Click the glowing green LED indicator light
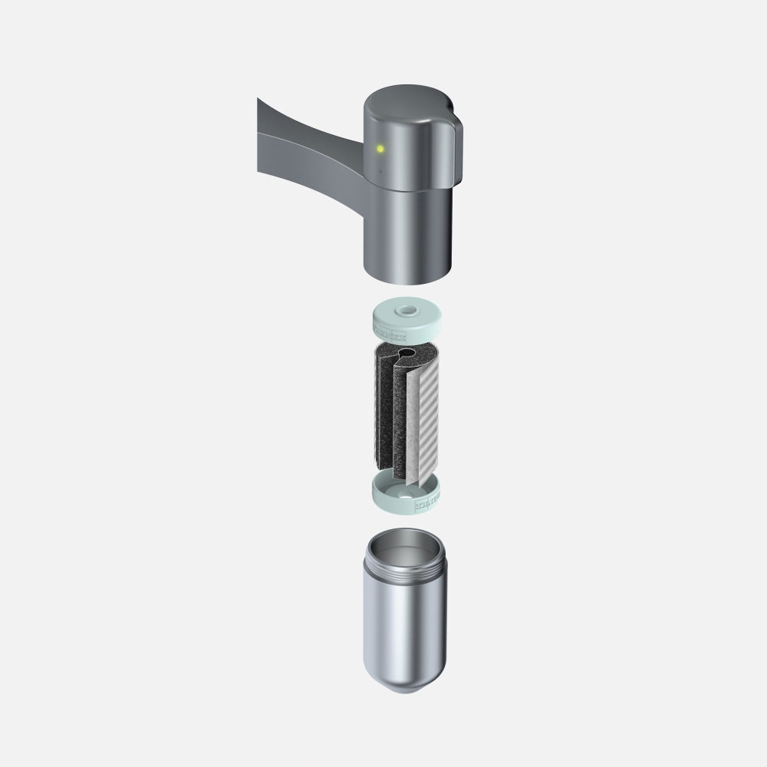coord(378,149)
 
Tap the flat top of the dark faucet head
coord(407,104)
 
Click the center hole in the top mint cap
coord(406,311)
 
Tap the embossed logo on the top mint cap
coord(391,331)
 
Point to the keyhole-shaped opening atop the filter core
coord(406,354)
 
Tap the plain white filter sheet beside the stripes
coord(410,430)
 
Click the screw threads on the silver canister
coord(407,572)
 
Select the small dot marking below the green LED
coord(379,172)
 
